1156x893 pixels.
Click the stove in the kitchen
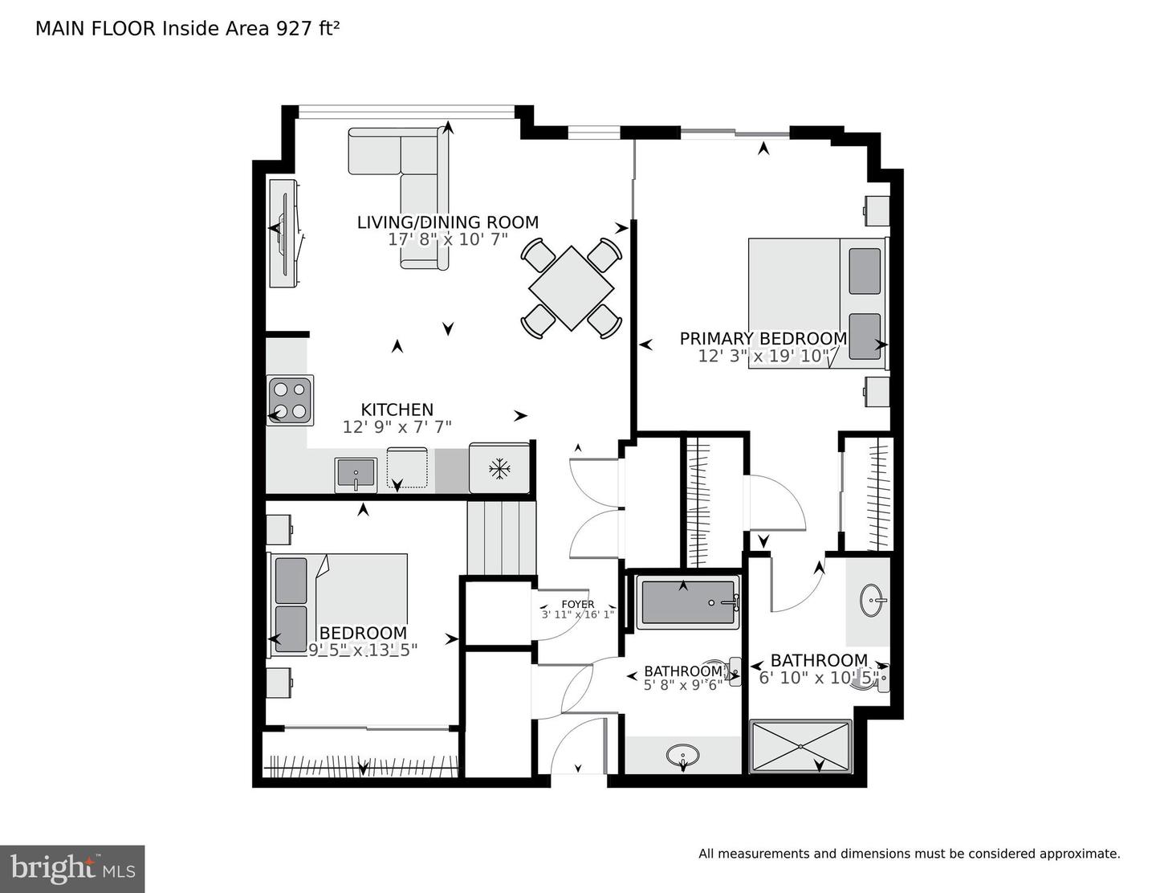pyautogui.click(x=290, y=400)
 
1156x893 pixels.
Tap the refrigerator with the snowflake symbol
pyautogui.click(x=499, y=468)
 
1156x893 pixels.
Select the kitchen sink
pyautogui.click(x=356, y=473)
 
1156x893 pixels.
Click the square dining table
pyautogui.click(x=571, y=288)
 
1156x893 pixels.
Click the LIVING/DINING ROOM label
pyautogui.click(x=447, y=222)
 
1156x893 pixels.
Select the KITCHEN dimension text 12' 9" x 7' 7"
pyautogui.click(x=397, y=427)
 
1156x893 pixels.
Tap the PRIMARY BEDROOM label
pyautogui.click(x=763, y=339)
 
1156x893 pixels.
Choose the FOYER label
pyautogui.click(x=578, y=604)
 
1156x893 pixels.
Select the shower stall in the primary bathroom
pyautogui.click(x=800, y=747)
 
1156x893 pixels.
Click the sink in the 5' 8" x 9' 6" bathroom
pyautogui.click(x=682, y=755)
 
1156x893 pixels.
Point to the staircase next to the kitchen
pyautogui.click(x=501, y=537)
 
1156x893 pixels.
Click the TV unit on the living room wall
pyautogui.click(x=284, y=233)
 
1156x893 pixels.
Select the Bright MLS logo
pyautogui.click(x=72, y=869)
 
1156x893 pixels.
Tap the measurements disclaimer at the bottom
pyautogui.click(x=909, y=854)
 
